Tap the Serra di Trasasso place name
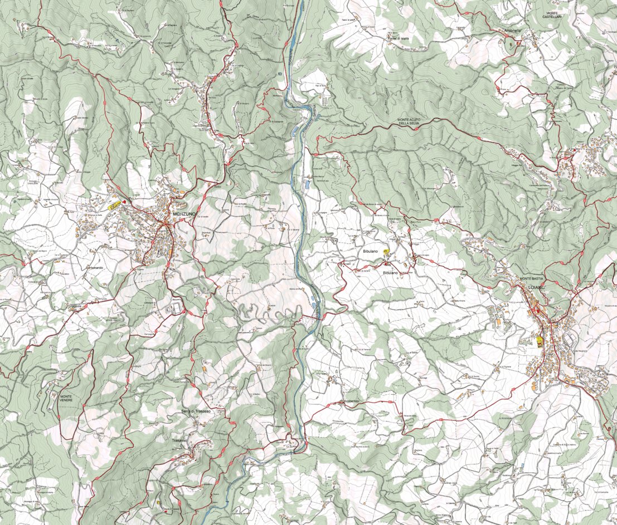(x=196, y=411)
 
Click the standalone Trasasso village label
(x=179, y=440)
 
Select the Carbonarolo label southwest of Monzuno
(x=84, y=267)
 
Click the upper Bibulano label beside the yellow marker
(x=371, y=252)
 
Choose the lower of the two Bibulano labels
(x=391, y=273)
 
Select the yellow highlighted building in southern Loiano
(x=539, y=340)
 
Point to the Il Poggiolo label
(x=506, y=418)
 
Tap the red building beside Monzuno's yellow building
(x=124, y=202)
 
